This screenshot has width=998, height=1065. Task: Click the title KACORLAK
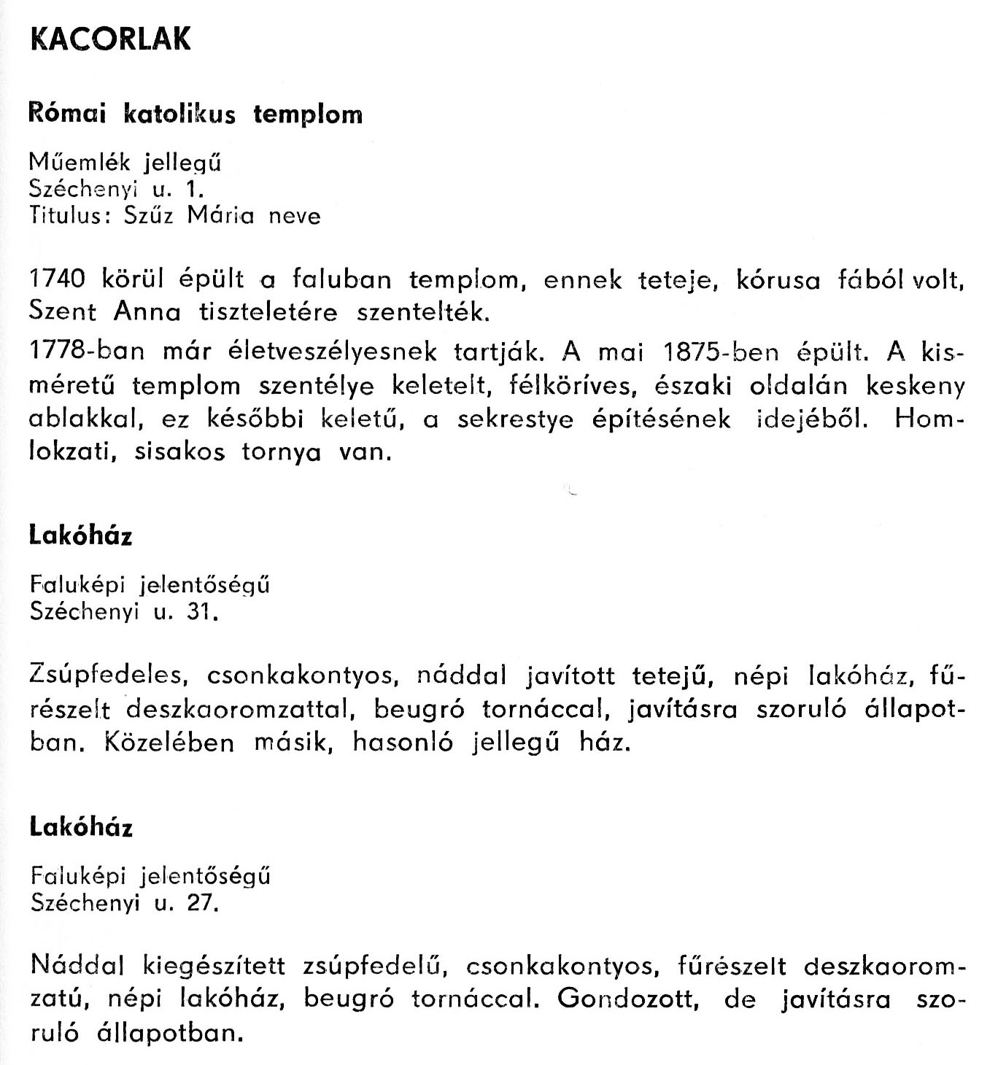point(111,39)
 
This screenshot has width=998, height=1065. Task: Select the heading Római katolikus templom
point(195,114)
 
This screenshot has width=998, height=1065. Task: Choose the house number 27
point(202,903)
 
